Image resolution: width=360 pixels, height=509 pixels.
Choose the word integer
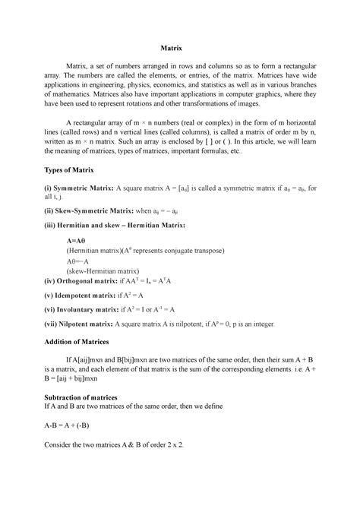point(298,323)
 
